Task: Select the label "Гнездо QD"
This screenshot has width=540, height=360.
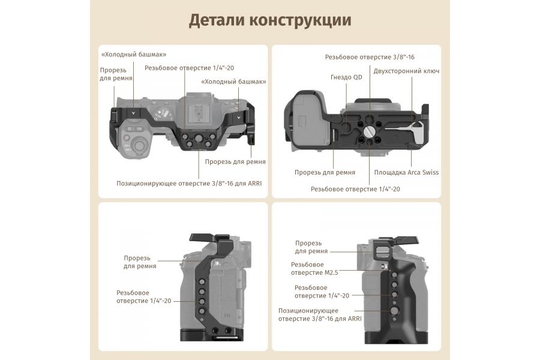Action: coord(346,77)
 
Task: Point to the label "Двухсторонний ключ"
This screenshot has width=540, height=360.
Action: coord(406,71)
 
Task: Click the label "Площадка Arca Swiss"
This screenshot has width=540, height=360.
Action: coord(406,172)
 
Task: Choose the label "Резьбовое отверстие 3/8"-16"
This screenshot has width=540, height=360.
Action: coord(370,57)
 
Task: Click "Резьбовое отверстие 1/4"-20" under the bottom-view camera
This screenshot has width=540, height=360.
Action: coord(355,189)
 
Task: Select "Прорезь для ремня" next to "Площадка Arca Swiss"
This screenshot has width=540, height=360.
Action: coord(325,172)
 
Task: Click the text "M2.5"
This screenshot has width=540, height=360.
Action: coord(331,272)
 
